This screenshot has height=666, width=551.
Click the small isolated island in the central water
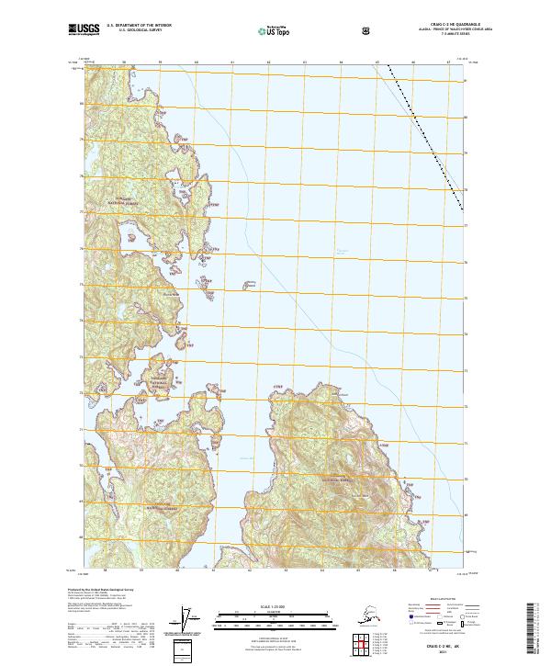tap(246, 286)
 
